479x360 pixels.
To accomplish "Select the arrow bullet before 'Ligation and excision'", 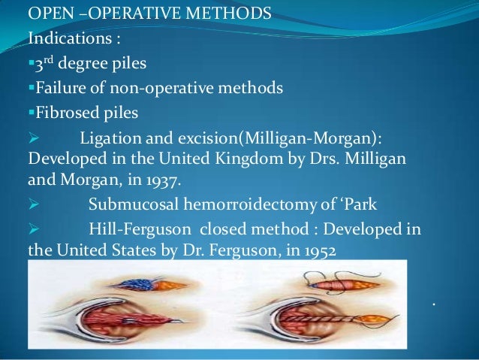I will click(32, 140).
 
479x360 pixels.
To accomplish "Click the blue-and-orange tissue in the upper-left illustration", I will click(138, 284).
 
